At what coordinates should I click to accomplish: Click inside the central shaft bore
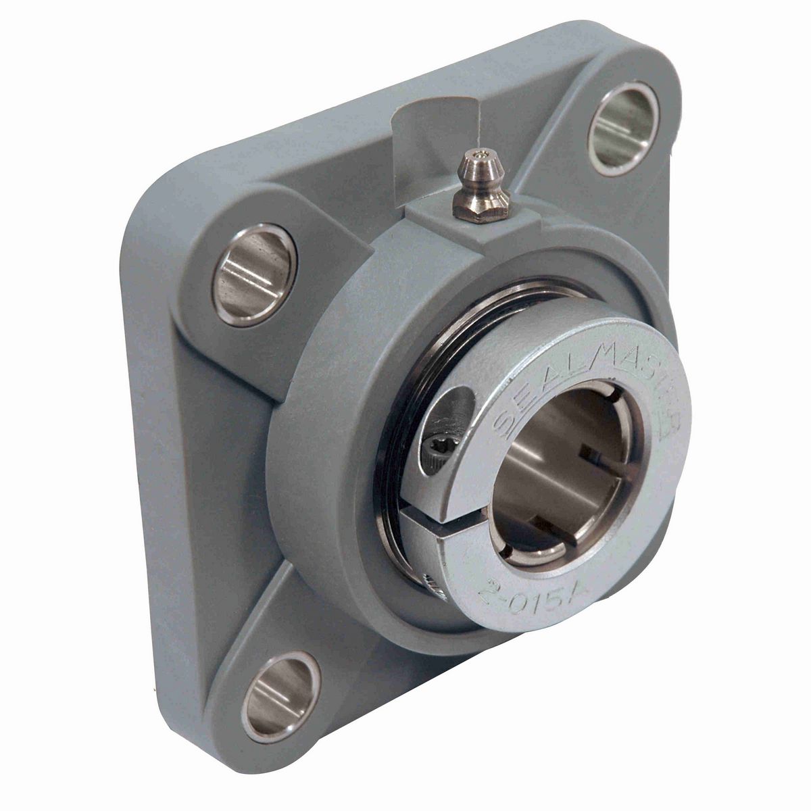coord(561,473)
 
